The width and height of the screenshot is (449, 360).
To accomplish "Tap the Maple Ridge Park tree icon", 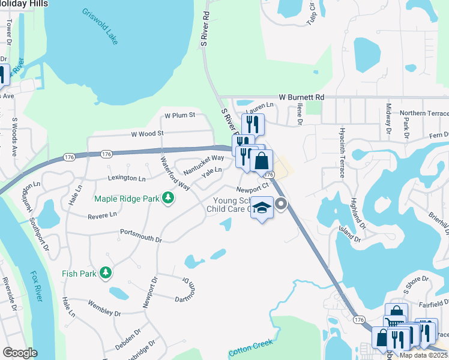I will (x=169, y=198).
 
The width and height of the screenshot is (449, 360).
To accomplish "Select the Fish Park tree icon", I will (x=106, y=274).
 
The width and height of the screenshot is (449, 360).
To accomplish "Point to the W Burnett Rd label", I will (x=301, y=97).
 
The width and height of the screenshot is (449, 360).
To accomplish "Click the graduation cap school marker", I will (x=262, y=208).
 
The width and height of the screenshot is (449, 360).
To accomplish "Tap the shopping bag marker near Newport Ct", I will (x=262, y=161).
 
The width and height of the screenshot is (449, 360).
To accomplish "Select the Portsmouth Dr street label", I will (x=141, y=235).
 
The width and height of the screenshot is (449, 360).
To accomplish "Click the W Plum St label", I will (x=180, y=115).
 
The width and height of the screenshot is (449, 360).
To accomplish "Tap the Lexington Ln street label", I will (x=127, y=178).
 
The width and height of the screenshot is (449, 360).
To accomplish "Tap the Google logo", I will (x=19, y=353).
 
